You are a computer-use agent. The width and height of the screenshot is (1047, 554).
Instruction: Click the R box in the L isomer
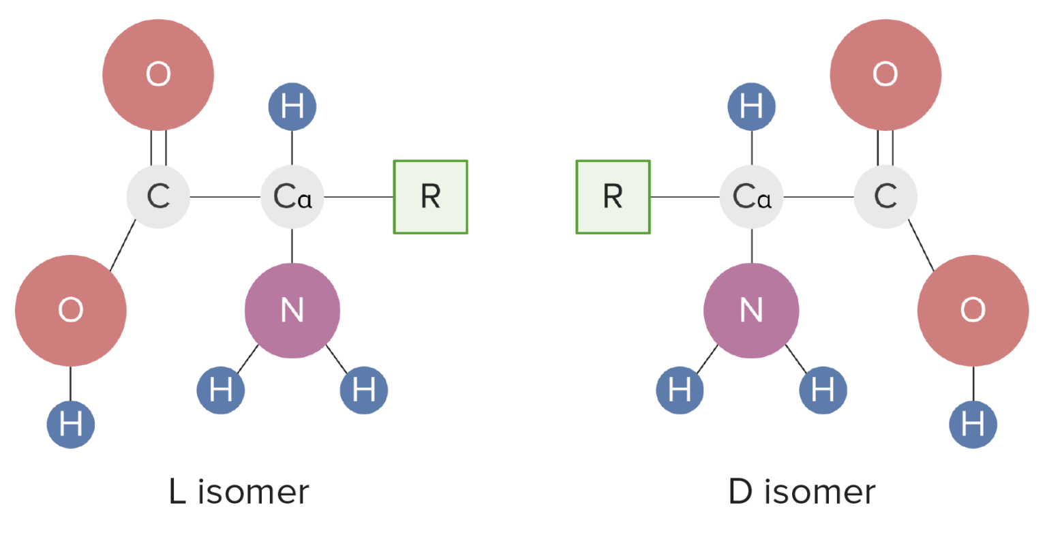(x=430, y=197)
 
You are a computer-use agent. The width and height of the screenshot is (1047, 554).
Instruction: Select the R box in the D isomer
(x=613, y=197)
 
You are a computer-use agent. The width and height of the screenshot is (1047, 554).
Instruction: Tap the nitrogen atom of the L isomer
(x=292, y=310)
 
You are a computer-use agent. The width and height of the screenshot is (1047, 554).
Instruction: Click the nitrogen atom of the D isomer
(x=751, y=310)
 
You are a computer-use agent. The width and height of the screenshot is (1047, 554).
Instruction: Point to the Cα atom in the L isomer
(x=292, y=197)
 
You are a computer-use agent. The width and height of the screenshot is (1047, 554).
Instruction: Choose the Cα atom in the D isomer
(x=751, y=197)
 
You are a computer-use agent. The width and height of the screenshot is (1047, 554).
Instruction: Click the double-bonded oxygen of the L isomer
(x=158, y=74)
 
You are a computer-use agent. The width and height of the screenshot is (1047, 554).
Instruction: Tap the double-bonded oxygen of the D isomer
(x=885, y=74)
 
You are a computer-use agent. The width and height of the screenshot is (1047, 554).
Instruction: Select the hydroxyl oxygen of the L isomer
(x=71, y=310)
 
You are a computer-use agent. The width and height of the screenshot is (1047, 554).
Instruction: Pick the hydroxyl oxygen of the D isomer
(x=973, y=310)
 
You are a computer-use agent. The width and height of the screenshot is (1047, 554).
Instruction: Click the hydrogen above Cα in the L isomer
(x=292, y=106)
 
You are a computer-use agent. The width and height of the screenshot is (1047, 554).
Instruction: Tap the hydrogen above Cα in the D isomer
(x=751, y=106)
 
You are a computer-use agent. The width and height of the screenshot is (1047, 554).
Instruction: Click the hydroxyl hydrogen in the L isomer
(x=71, y=424)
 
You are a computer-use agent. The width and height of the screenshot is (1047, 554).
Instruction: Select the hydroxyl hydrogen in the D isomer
(x=973, y=424)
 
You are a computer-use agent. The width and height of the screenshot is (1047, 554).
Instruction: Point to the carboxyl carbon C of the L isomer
(x=158, y=197)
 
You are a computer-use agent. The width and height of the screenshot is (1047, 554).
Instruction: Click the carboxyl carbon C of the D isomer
(x=885, y=197)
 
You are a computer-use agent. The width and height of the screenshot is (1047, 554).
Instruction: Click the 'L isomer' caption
(x=239, y=491)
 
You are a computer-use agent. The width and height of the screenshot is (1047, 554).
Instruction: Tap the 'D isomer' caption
(x=802, y=491)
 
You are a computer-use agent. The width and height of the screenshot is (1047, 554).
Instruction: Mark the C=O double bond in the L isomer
(x=158, y=147)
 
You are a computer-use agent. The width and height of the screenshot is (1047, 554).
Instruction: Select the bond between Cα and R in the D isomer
(x=684, y=197)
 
